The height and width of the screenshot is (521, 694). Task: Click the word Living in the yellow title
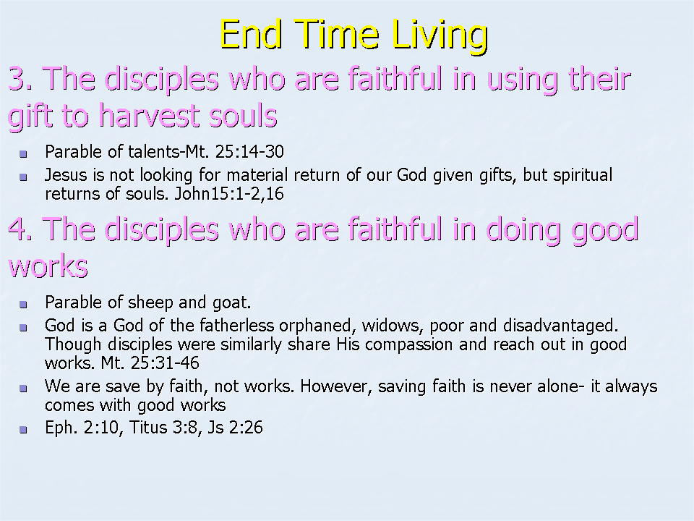pos(440,36)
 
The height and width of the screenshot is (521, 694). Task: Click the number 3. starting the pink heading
pos(20,79)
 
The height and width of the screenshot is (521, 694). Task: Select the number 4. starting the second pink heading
pos(20,229)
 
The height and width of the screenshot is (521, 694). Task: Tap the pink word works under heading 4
pos(48,267)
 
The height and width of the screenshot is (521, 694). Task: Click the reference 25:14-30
pos(249,152)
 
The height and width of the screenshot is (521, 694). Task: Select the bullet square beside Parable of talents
pos(23,154)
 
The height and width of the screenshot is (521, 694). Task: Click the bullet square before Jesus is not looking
pos(23,177)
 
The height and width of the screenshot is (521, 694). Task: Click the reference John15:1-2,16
pos(229,194)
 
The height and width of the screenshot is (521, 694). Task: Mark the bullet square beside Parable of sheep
pos(23,305)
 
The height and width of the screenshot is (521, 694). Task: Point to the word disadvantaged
pos(560,326)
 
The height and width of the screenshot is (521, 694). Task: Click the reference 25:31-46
pos(165,363)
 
